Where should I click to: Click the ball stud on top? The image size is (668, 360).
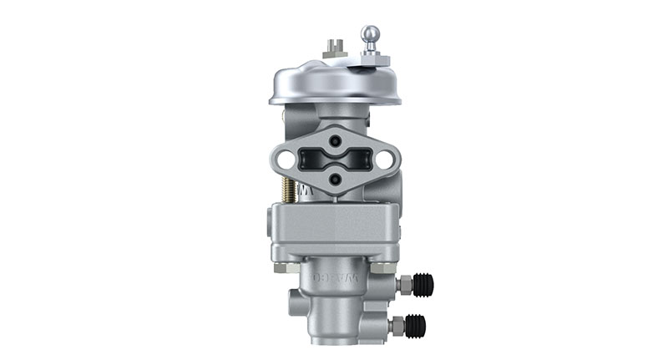(x=370, y=34)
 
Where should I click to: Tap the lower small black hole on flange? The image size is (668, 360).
(x=334, y=177)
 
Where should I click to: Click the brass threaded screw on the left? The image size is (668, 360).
(x=288, y=192)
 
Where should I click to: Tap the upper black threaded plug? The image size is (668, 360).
(x=423, y=286)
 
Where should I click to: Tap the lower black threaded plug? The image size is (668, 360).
(x=415, y=325)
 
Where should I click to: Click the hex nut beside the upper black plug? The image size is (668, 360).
(x=402, y=286)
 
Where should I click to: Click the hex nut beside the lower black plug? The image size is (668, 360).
(x=396, y=325)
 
